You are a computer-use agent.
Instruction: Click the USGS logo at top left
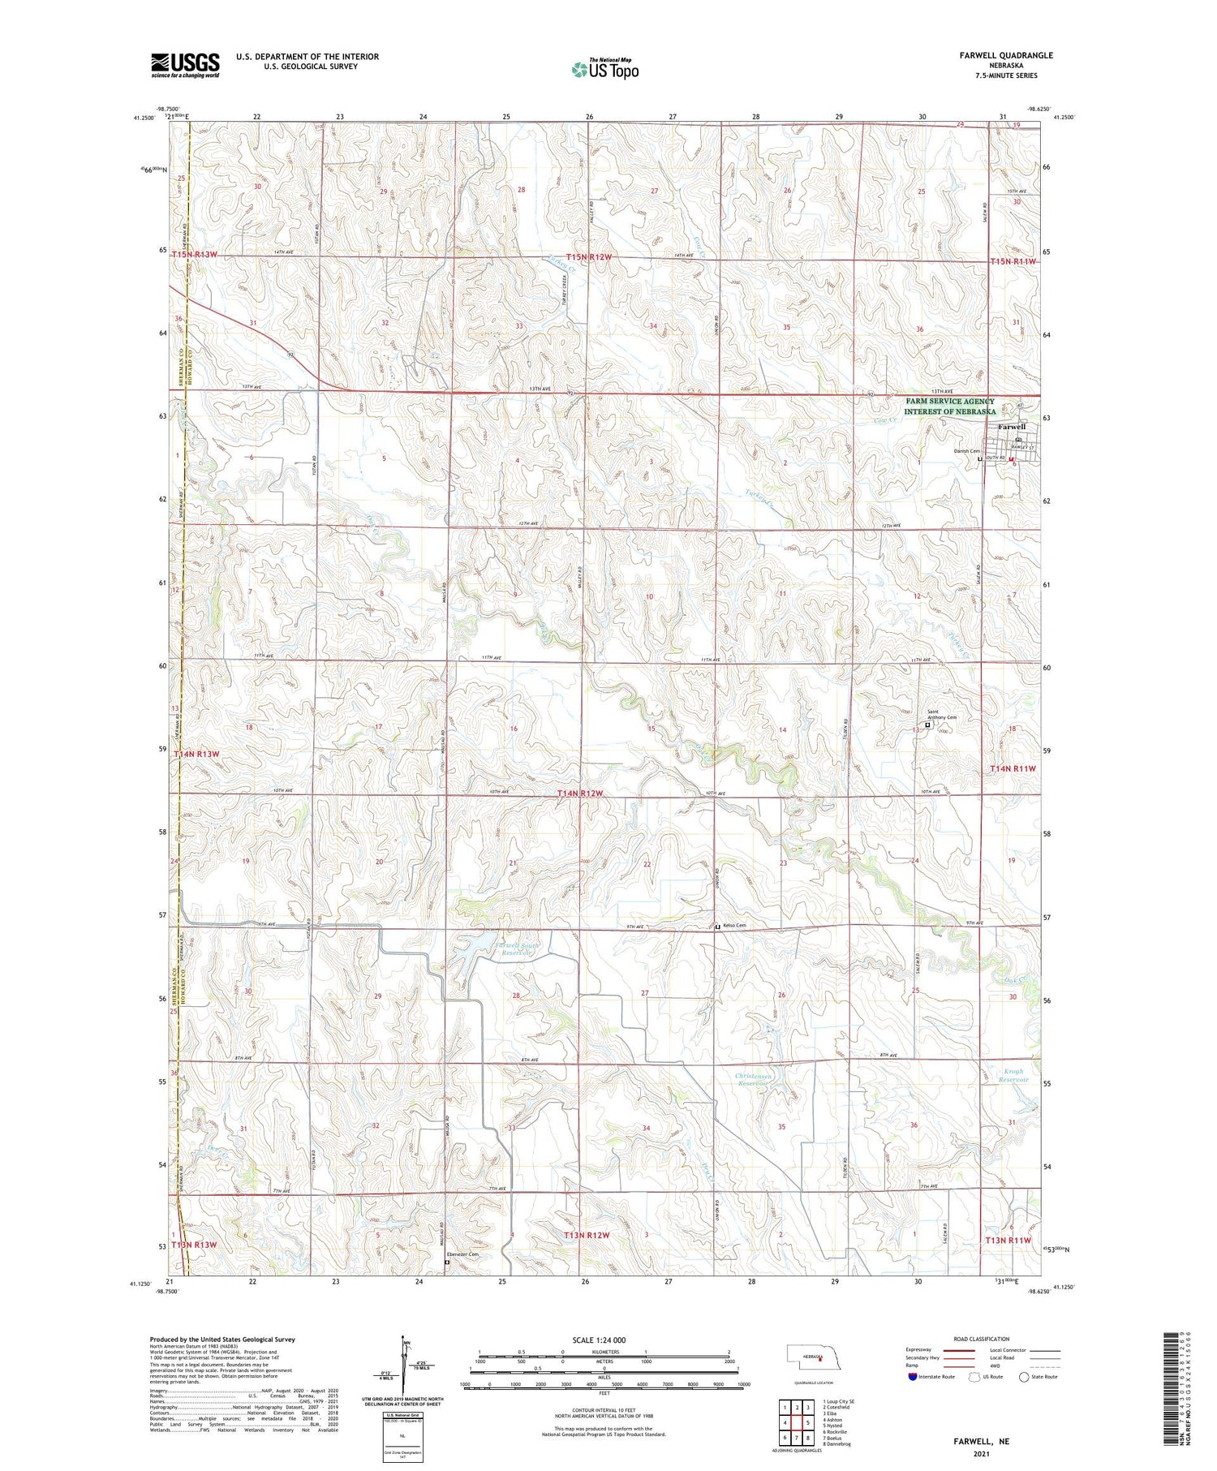pos(185,65)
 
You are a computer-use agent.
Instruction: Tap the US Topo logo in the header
pos(604,70)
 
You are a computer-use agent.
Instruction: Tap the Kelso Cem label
pos(734,926)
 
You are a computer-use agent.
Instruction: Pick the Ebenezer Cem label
pos(463,1254)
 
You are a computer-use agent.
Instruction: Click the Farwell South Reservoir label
pos(519,948)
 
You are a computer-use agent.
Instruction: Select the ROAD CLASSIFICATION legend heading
pos(981,1339)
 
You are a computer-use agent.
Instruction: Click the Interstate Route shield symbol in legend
pos(914,1377)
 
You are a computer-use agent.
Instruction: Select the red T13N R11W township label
pos(1007,1241)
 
